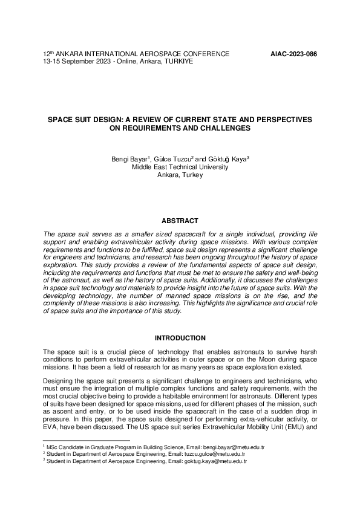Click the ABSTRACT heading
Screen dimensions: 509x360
click(180, 221)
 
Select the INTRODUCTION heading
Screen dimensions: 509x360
click(180, 338)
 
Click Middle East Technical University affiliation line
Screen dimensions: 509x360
click(180, 167)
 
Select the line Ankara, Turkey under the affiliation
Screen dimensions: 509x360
click(180, 175)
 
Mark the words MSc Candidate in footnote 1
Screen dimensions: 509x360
click(64, 447)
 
